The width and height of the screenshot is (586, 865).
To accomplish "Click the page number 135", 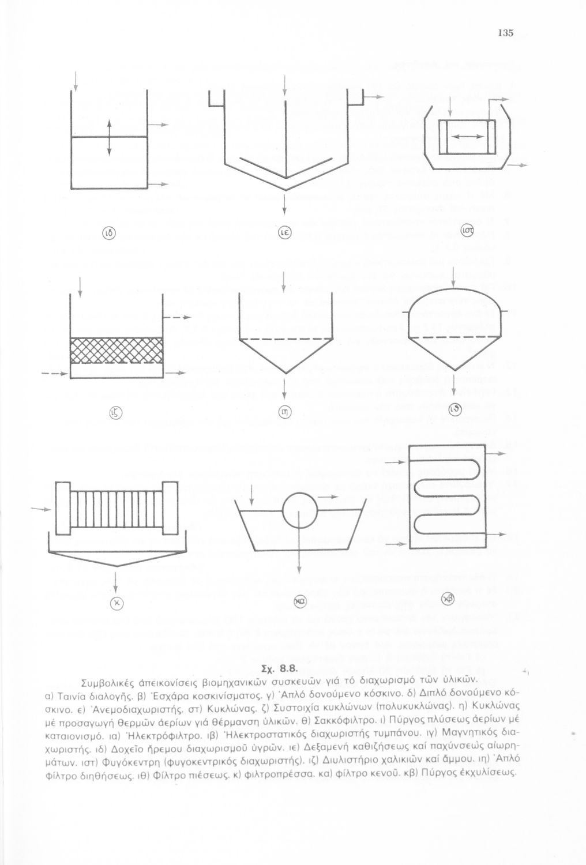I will point(508,32).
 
